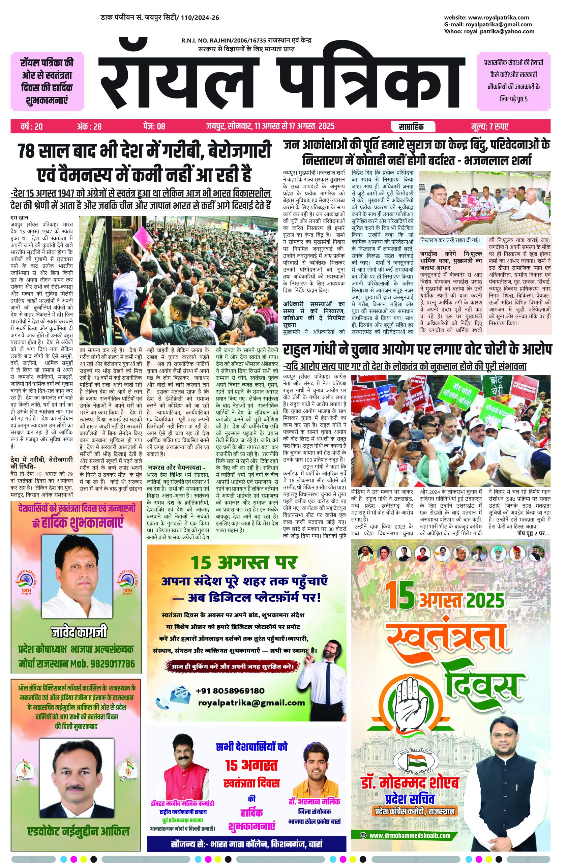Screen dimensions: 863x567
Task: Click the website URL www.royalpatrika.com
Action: click(x=498, y=18)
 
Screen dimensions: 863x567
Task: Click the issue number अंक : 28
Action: click(x=89, y=126)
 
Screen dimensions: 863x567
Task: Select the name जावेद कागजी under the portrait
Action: click(x=79, y=633)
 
